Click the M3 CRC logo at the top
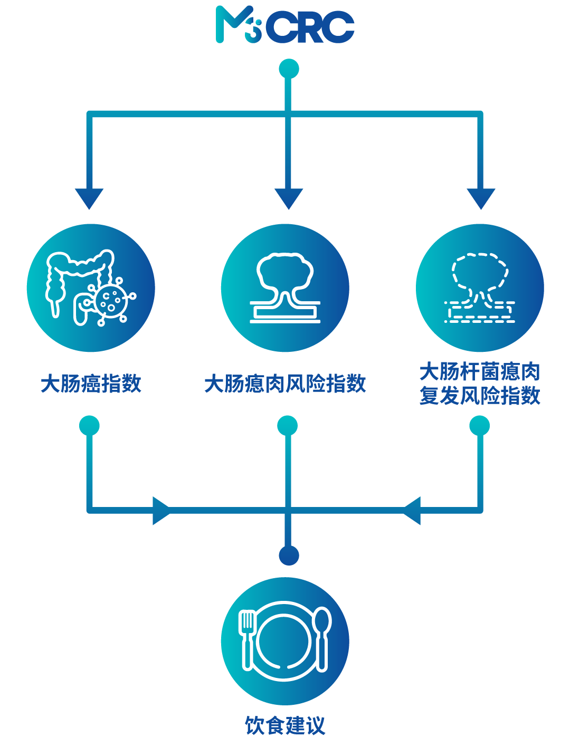pyautogui.click(x=285, y=24)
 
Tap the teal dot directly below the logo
pyautogui.click(x=289, y=69)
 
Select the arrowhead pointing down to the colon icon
pyautogui.click(x=89, y=199)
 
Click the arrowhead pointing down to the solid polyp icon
pyautogui.click(x=289, y=199)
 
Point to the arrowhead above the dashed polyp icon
pyautogui.click(x=481, y=199)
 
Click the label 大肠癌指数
pyautogui.click(x=91, y=384)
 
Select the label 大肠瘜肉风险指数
pyautogui.click(x=286, y=384)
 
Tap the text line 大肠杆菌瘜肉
pyautogui.click(x=480, y=372)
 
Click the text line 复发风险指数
pyautogui.click(x=480, y=396)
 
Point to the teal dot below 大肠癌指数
pyautogui.click(x=89, y=426)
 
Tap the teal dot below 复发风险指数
pyautogui.click(x=479, y=426)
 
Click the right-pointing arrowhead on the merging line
pyautogui.click(x=161, y=511)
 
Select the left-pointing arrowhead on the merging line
pyautogui.click(x=412, y=511)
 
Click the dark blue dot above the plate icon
pyautogui.click(x=289, y=556)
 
